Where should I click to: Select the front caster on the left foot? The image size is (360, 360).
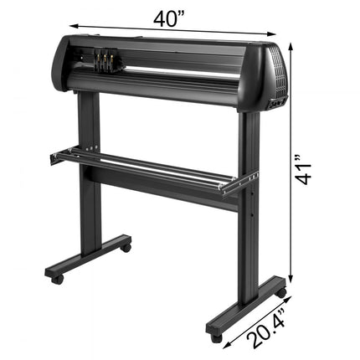57,278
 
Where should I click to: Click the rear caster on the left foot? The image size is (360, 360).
126,247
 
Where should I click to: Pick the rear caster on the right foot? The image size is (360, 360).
280,295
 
